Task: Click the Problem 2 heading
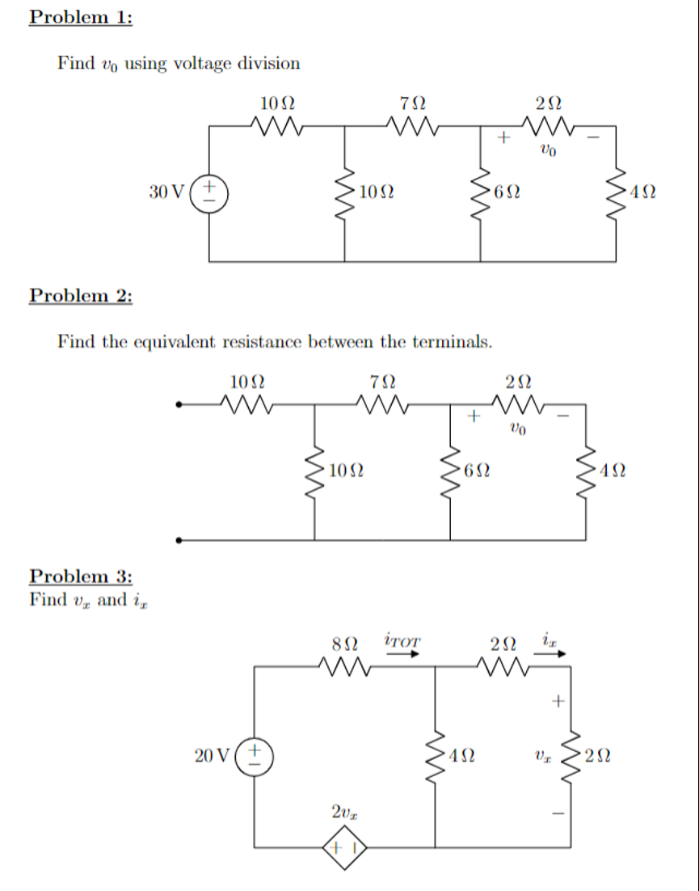[x=80, y=295]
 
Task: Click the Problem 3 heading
[x=80, y=576]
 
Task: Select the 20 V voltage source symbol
[x=255, y=756]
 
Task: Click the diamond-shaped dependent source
[x=345, y=848]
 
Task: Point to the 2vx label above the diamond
[x=343, y=811]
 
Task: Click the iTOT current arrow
[x=402, y=654]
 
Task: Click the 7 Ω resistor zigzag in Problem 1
[x=413, y=126]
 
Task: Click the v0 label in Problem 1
[x=549, y=150]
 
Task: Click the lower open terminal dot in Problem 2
[x=179, y=540]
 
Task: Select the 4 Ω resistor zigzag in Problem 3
[x=436, y=756]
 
